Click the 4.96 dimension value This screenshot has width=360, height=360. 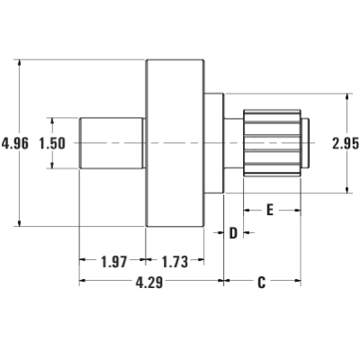[15, 143]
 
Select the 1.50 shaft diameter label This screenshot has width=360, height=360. [52, 143]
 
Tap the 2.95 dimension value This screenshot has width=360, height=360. [346, 143]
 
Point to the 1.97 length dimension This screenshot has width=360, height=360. [114, 262]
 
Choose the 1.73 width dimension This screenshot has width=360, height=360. [175, 262]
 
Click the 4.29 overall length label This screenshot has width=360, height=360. [149, 283]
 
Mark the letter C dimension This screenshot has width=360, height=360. [262, 283]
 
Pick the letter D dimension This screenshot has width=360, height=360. [233, 233]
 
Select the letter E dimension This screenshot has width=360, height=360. [270, 210]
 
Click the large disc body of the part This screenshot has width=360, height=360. [175, 143]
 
